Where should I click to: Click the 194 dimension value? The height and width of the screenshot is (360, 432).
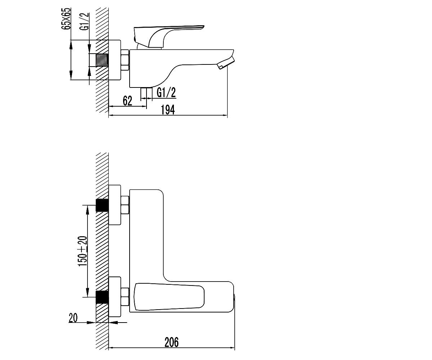168,110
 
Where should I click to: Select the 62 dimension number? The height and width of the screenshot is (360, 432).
127,101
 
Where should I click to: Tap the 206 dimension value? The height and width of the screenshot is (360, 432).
171,342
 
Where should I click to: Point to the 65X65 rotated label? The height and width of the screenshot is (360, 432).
66,19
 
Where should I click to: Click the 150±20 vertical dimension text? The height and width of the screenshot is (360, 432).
83,251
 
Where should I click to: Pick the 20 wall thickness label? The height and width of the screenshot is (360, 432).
73,318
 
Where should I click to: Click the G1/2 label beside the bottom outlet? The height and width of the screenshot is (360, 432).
166,93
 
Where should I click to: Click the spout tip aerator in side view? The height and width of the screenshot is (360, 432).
226,63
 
